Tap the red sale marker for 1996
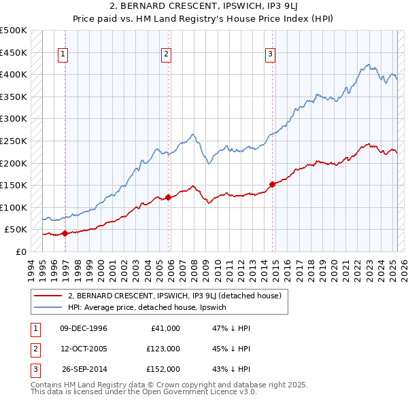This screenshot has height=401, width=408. pyautogui.click(x=65, y=233)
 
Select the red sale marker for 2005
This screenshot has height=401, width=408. pyautogui.click(x=169, y=197)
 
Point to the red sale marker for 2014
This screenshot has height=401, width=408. pyautogui.click(x=273, y=184)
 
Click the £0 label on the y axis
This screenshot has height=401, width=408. pyautogui.click(x=20, y=251)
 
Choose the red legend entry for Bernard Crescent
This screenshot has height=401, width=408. pyautogui.click(x=178, y=296)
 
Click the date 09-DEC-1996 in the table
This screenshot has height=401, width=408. pyautogui.click(x=84, y=328)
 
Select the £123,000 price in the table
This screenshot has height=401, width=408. pyautogui.click(x=164, y=349)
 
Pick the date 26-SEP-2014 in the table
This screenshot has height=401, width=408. pyautogui.click(x=84, y=369)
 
